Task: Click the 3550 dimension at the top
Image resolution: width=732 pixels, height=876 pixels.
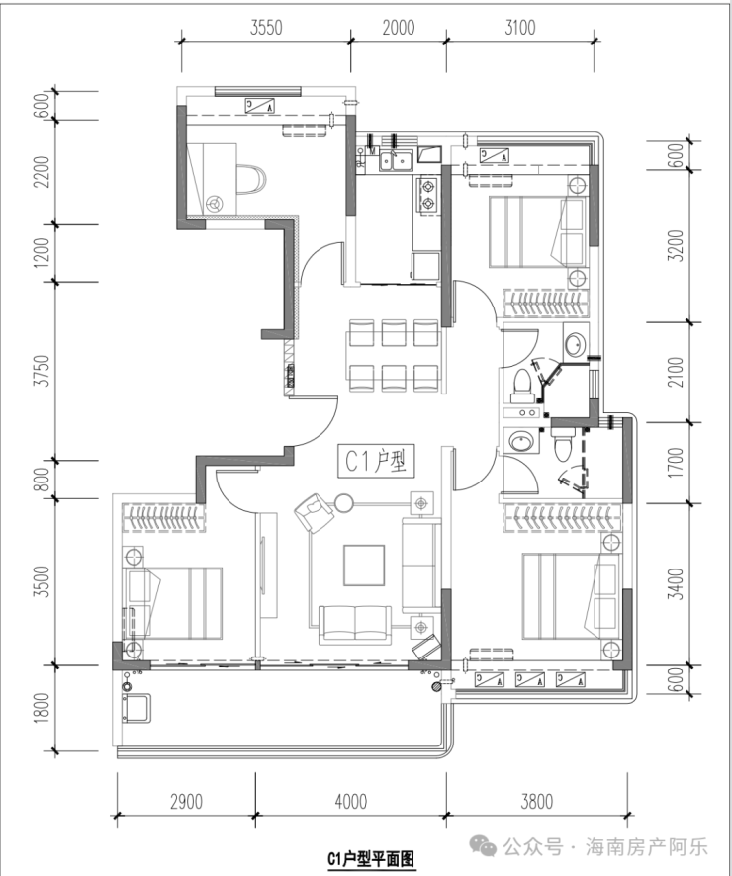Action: (266, 27)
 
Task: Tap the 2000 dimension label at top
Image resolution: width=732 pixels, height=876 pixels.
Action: (399, 27)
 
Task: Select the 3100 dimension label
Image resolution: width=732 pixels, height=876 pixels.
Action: (520, 27)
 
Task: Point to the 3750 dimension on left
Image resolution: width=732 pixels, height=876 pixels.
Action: (42, 370)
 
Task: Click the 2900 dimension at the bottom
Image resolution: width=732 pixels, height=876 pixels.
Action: (186, 802)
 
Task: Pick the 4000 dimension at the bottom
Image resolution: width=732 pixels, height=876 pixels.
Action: (351, 802)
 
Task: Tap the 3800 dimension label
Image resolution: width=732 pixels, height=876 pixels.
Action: (537, 802)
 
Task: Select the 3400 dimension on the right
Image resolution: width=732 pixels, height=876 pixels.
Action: (677, 583)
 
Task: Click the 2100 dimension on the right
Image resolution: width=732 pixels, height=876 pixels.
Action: (677, 372)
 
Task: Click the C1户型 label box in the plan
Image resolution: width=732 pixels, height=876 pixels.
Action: (376, 461)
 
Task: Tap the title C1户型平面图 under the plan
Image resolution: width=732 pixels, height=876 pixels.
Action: (371, 858)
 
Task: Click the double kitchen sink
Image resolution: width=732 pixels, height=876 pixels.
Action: (396, 160)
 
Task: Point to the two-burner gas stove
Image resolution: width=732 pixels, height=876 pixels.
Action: (428, 195)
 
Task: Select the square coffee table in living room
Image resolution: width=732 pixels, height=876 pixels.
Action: (364, 566)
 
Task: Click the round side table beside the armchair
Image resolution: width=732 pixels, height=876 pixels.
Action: (343, 503)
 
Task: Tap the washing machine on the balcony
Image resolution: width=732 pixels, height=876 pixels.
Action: (137, 708)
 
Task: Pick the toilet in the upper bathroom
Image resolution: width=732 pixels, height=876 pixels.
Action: (523, 386)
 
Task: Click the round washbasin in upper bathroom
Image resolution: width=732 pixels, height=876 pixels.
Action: (576, 345)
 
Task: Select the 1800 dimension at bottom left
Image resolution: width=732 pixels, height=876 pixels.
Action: (42, 708)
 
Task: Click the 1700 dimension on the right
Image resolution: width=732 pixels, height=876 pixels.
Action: (677, 463)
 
